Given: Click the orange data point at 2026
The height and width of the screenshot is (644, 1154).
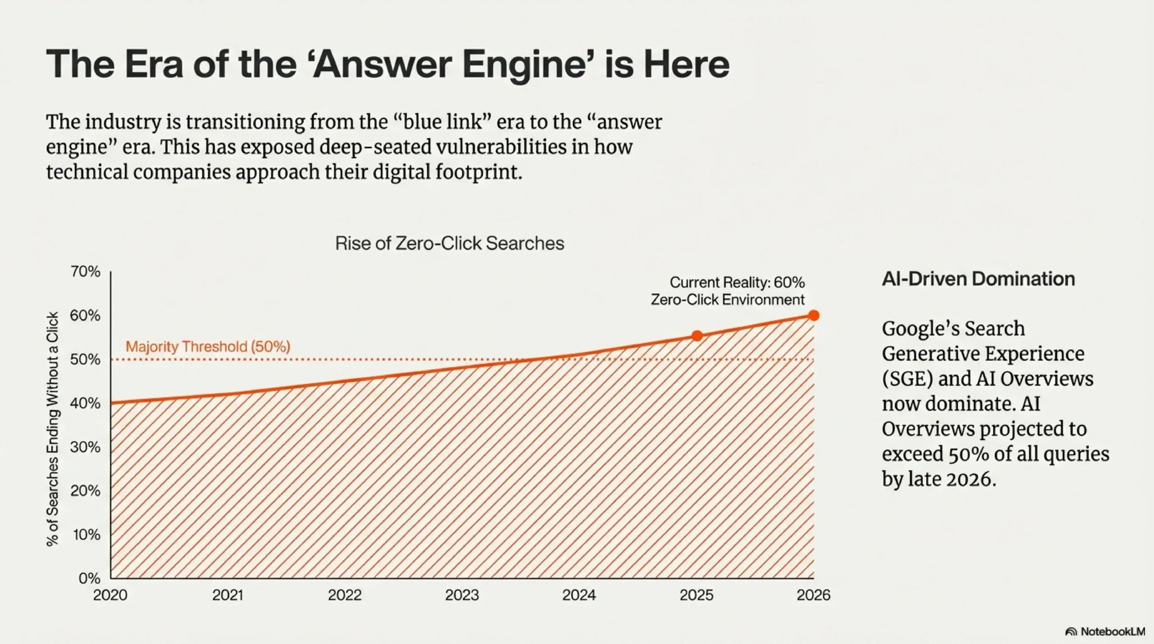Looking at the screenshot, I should point(814,315).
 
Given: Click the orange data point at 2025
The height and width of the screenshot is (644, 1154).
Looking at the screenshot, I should point(697,336).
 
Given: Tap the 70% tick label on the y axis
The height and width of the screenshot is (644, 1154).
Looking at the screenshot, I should point(85,272).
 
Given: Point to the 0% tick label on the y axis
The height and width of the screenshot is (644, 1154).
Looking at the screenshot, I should point(89,578).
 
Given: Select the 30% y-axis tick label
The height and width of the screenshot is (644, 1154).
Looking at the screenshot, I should point(85,447).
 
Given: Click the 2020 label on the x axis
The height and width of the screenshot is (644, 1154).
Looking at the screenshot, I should point(110,595).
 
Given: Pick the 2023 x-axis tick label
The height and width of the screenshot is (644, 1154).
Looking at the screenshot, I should point(462,595).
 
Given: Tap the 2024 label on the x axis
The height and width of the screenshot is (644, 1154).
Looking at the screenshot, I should point(579,595).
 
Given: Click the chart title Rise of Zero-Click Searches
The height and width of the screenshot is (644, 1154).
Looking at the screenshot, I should point(449,243).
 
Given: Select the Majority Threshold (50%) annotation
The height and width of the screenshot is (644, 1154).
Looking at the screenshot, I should point(208,347).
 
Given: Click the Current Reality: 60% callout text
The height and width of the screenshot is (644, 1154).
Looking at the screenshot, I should point(737,283).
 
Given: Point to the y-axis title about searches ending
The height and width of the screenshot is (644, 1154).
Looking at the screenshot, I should point(53,429).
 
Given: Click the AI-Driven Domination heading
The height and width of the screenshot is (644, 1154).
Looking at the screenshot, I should point(978,279).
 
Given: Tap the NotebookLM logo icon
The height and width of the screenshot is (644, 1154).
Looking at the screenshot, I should point(1071,632).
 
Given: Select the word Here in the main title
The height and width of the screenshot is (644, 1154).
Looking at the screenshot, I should point(686,64).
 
